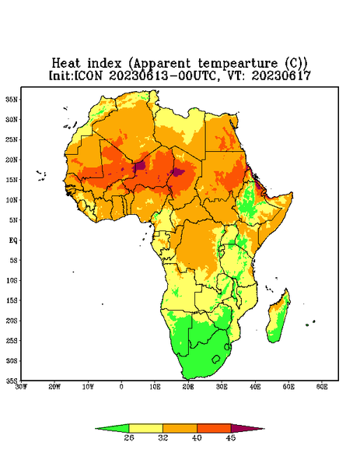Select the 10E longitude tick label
pos(155,387)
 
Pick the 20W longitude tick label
pos(54,387)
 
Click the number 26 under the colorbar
pos(129,437)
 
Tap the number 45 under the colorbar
pos(231,437)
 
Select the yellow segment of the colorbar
pos(145,428)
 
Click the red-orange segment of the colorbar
pos(214,428)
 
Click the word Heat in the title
pos(66,64)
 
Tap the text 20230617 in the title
pos(281,75)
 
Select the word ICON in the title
pos(88,75)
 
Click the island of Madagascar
pos(278,318)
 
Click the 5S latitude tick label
pos(14,260)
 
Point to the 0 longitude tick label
pos(121,387)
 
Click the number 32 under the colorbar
pos(163,437)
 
